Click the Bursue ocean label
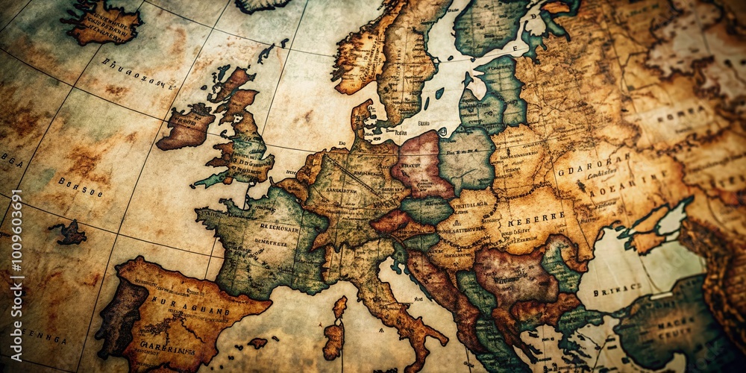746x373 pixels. click(81, 186)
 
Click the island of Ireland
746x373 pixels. click(186, 127)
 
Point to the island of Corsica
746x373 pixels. click(340, 307)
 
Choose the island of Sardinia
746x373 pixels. click(333, 340)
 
